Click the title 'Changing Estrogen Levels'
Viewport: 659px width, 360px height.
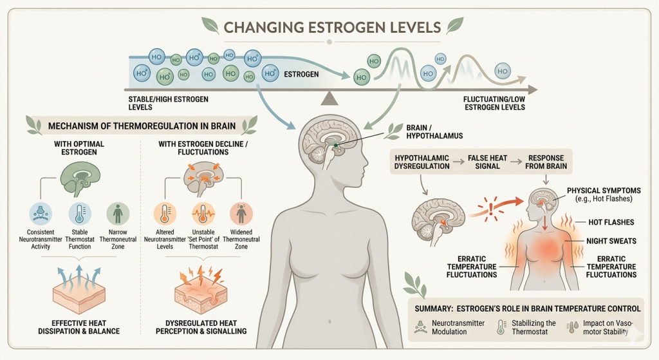[332, 28]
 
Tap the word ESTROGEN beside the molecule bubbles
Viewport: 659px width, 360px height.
[301, 75]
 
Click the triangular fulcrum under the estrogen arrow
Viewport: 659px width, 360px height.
[329, 97]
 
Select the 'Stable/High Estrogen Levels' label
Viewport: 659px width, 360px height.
[169, 103]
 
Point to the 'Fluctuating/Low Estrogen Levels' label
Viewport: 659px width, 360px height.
[494, 103]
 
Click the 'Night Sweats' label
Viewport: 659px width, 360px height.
[611, 242]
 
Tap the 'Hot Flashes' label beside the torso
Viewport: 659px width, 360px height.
[612, 222]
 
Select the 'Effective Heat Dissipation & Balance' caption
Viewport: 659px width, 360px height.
[78, 327]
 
